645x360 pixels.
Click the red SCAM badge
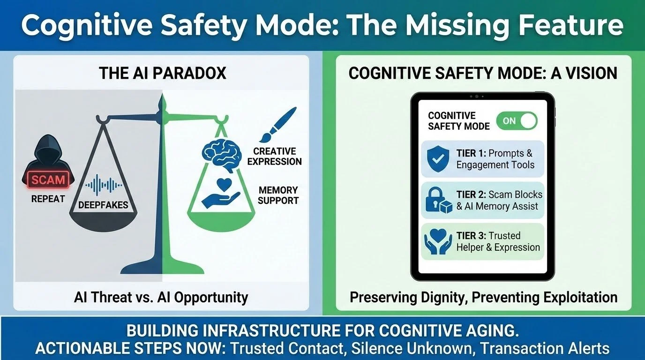(48, 180)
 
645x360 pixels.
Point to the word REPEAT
(48, 199)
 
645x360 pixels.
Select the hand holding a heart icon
(220, 194)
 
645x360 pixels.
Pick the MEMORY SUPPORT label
(278, 195)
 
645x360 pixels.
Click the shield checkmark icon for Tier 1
(438, 159)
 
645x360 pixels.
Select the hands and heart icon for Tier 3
(438, 241)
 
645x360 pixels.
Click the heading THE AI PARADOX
(162, 73)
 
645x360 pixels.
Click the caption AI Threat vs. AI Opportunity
(161, 297)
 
